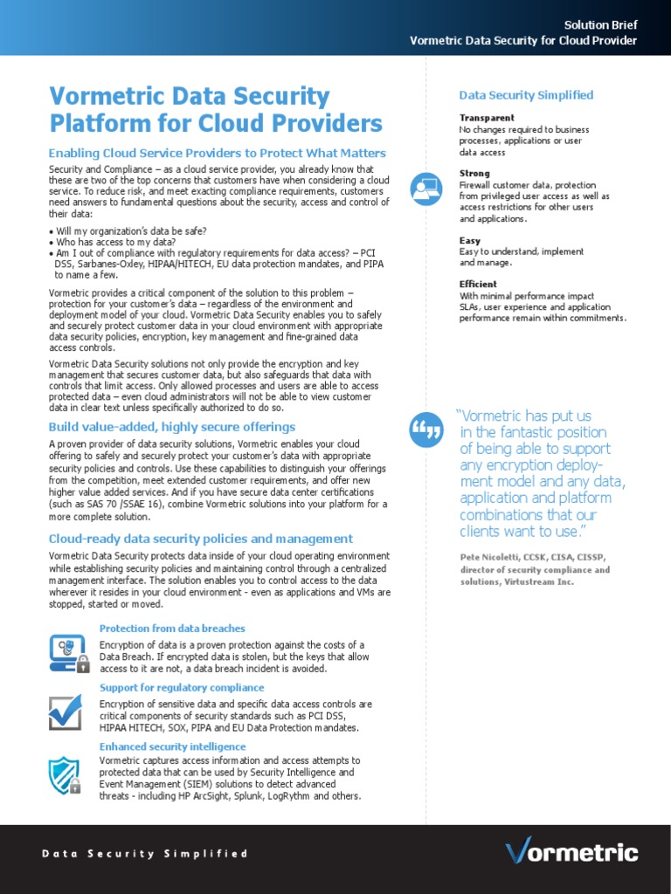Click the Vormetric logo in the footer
[571, 851]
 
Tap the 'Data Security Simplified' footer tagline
[145, 854]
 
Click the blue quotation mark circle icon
[426, 429]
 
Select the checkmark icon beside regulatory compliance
[66, 711]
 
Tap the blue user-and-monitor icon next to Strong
[426, 190]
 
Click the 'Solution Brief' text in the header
[600, 25]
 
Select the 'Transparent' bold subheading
[487, 118]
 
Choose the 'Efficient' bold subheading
[478, 284]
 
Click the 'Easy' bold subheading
[470, 240]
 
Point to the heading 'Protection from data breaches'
[172, 629]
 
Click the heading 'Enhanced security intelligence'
[172, 747]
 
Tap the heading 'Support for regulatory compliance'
[182, 688]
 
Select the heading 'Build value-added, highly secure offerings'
[172, 427]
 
